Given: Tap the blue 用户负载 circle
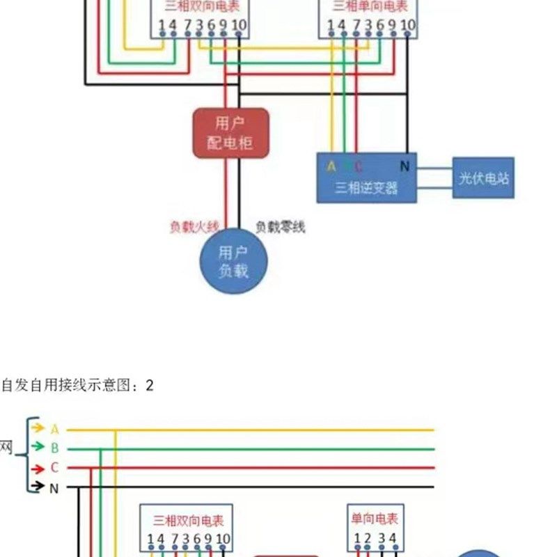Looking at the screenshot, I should (233, 262).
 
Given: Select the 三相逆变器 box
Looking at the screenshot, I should (367, 178).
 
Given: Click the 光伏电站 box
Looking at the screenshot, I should (483, 178).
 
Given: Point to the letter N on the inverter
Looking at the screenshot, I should (405, 166).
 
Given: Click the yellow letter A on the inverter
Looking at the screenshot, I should (331, 166).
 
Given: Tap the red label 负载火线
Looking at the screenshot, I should (194, 226).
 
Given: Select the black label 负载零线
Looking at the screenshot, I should (280, 226).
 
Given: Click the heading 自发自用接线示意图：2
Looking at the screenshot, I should (77, 385).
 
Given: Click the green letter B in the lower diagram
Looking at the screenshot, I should (54, 448).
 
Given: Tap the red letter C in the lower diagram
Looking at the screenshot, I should (54, 467).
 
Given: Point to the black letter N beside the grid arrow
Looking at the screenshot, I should (54, 487).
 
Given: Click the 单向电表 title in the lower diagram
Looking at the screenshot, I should (375, 519).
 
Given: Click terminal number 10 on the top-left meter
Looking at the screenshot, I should (239, 26).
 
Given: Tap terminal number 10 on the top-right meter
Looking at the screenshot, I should (408, 26).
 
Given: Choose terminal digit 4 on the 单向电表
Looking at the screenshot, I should (393, 538).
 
